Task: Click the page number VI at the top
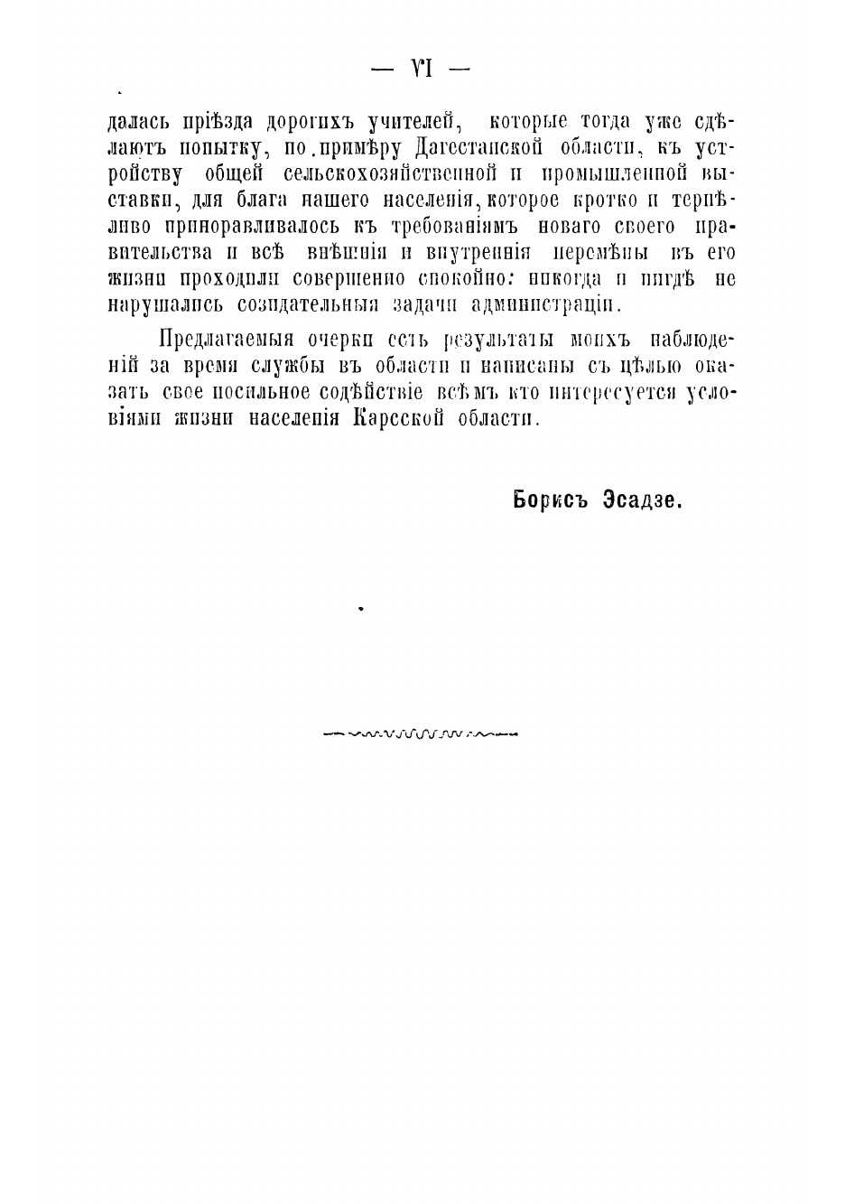tap(422, 69)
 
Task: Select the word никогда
tap(562, 278)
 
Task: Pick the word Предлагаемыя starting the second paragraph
tap(227, 341)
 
